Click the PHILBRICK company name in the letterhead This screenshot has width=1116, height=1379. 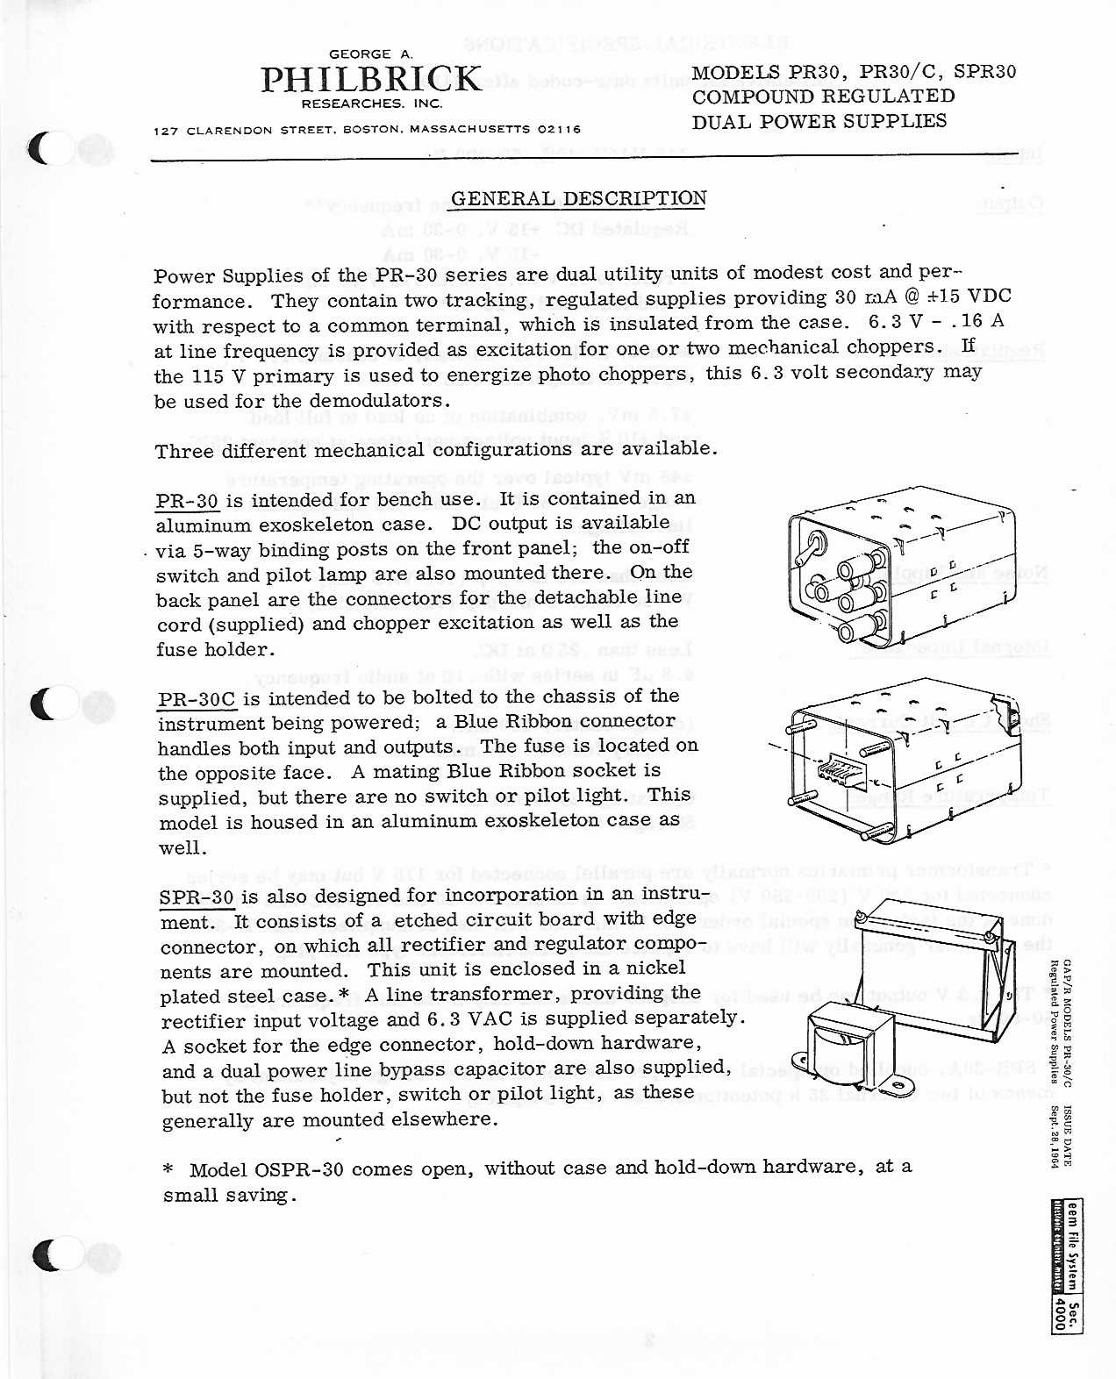point(371,80)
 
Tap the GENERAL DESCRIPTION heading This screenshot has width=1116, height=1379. point(578,198)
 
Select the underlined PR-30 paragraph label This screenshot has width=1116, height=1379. point(187,502)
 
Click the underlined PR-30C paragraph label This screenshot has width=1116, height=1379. point(197,700)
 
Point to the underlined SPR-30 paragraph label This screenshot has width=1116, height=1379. point(197,897)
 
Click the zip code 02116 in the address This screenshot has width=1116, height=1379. point(559,130)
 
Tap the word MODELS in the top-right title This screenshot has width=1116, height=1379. point(735,72)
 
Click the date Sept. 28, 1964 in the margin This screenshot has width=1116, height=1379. point(1055,1136)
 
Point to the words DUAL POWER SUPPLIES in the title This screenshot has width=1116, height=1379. point(819,121)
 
